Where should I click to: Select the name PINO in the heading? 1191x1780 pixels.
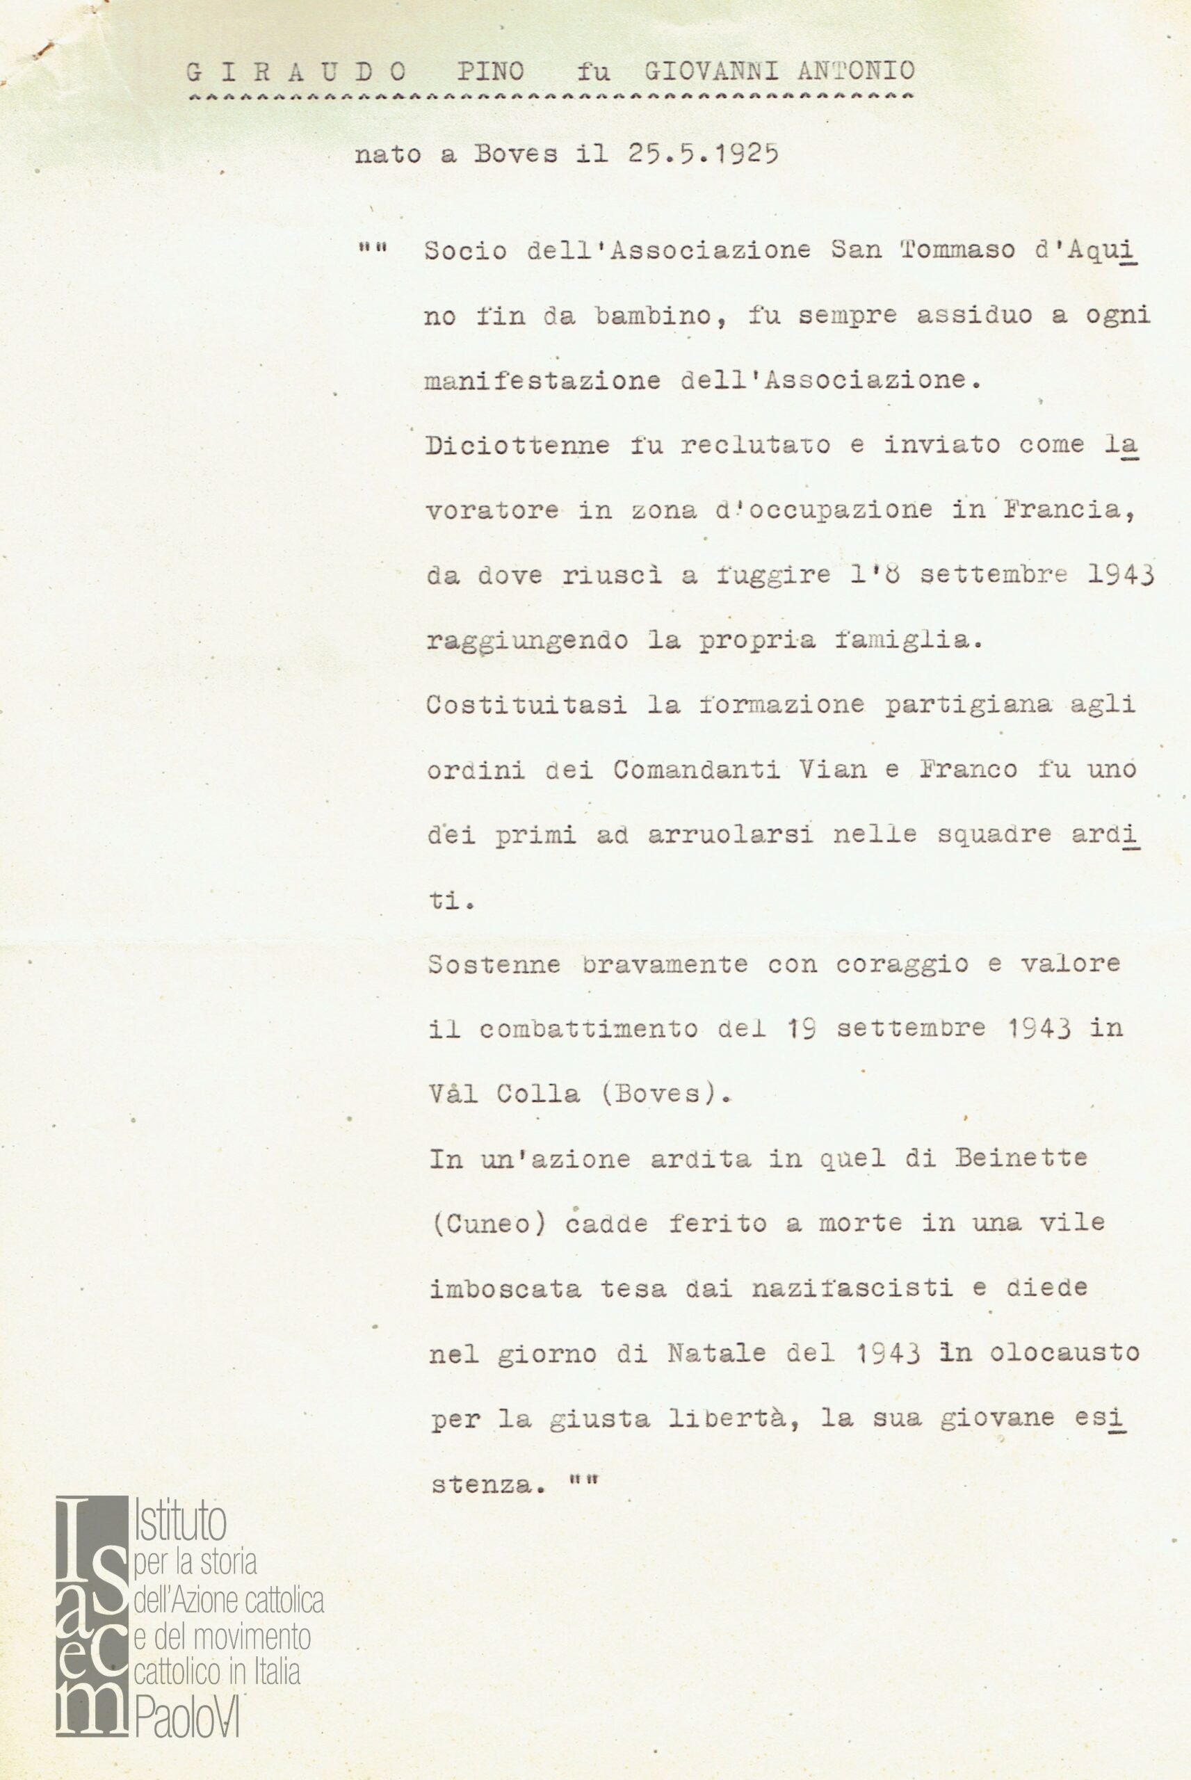coord(491,72)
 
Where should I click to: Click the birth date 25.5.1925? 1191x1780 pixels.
coord(703,154)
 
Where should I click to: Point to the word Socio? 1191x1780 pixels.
coord(466,250)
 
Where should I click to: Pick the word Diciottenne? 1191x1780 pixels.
coord(517,445)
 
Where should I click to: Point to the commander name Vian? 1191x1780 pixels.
coord(833,770)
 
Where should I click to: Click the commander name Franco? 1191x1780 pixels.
coord(969,770)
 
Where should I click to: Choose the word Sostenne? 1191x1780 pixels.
coord(494,964)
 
